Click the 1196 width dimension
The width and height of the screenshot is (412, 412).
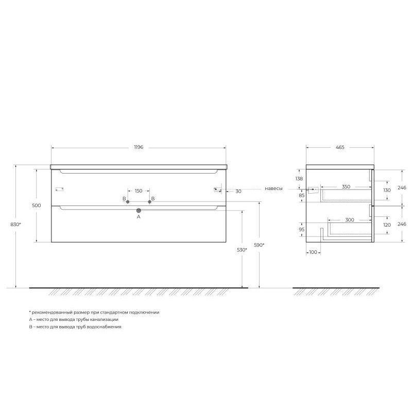(x=139, y=147)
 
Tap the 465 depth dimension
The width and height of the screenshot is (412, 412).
(x=340, y=147)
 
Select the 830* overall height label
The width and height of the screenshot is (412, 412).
(x=16, y=225)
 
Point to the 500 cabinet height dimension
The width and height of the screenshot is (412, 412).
(x=37, y=205)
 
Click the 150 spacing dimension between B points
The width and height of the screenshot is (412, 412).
(x=139, y=191)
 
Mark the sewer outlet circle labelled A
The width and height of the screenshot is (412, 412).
(x=139, y=211)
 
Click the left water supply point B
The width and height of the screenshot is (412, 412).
(x=128, y=202)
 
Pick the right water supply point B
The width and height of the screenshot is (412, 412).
(x=149, y=202)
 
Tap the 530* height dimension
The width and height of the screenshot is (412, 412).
(x=242, y=250)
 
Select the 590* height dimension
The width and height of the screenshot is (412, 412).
(x=259, y=245)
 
